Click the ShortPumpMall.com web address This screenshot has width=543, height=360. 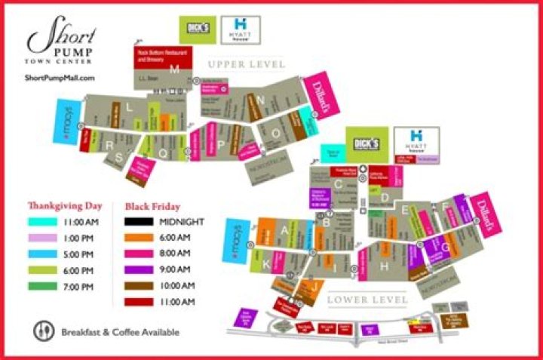tap(60, 78)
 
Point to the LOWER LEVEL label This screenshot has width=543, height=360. tap(367, 300)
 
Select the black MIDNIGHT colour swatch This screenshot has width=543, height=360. tap(139, 222)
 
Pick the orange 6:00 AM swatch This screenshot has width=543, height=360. tap(139, 238)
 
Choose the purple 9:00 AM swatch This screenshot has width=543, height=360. tap(139, 270)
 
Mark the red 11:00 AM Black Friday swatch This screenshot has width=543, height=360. tap(139, 302)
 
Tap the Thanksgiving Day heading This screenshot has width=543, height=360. tap(63, 205)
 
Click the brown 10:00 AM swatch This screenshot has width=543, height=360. tap(139, 286)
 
